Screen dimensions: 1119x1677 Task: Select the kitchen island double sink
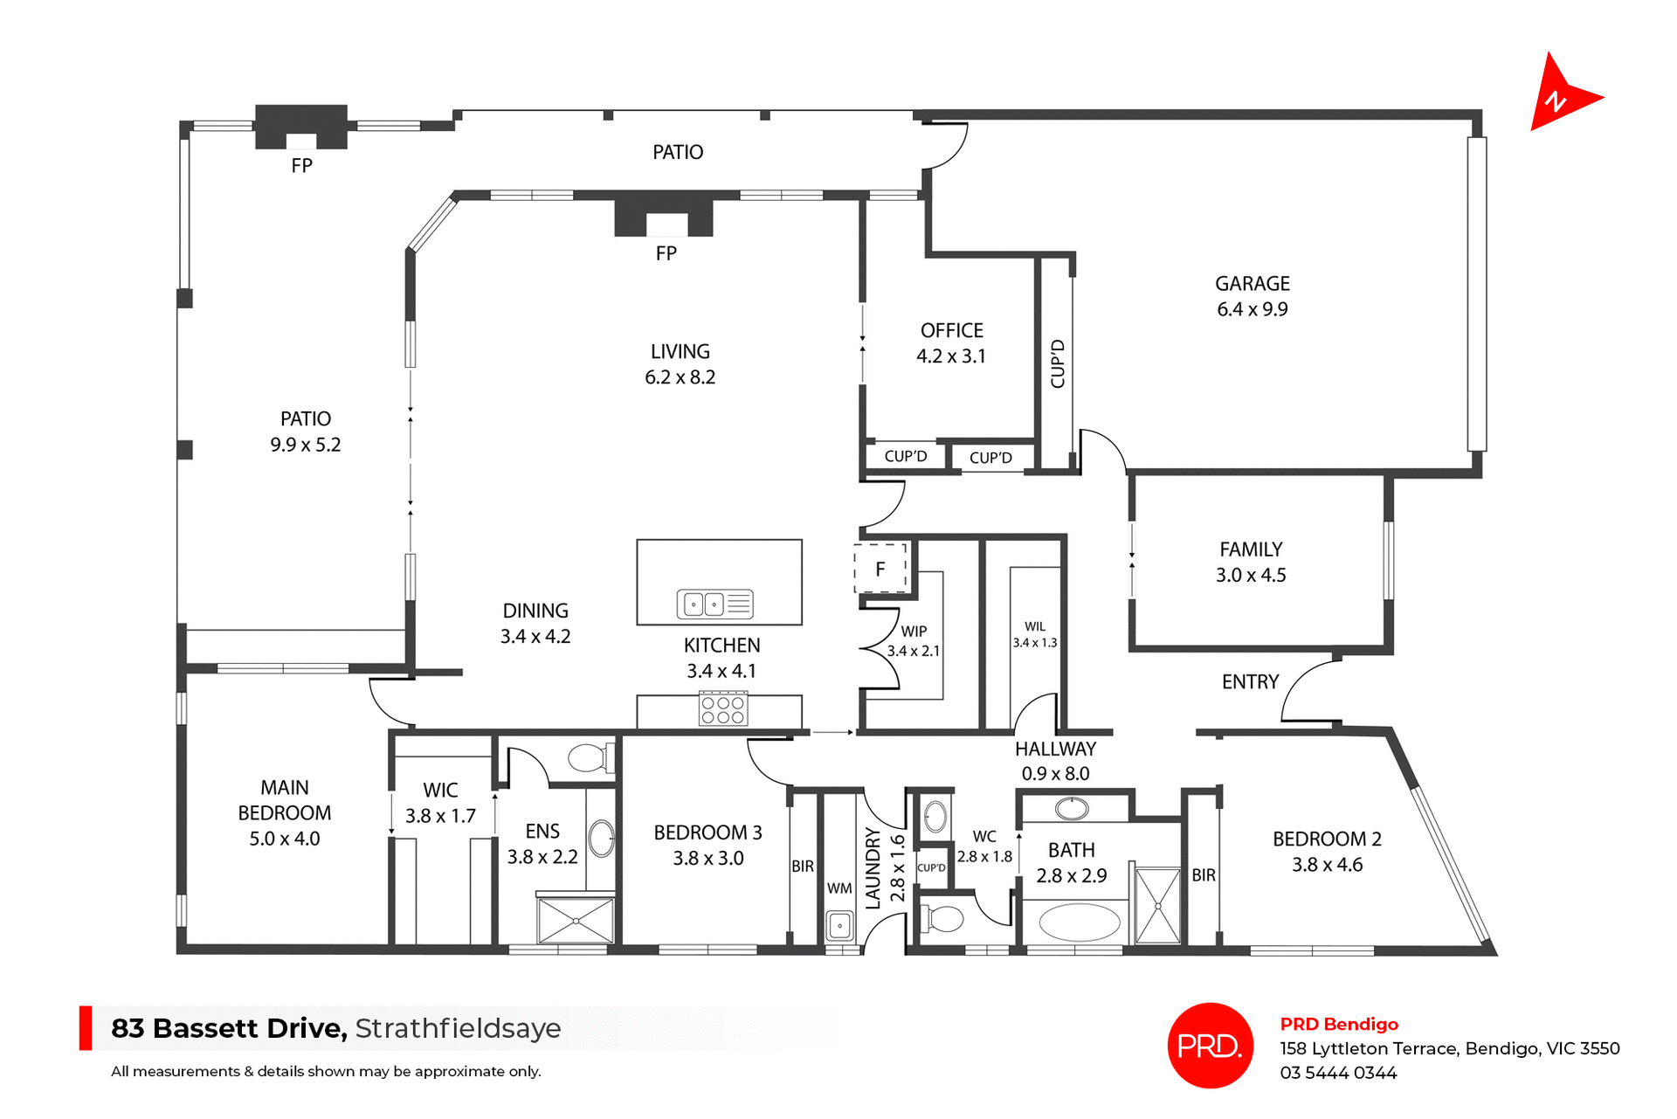coord(714,604)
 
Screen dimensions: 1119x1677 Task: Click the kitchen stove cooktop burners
coord(723,709)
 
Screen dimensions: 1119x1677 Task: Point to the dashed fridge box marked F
coord(880,569)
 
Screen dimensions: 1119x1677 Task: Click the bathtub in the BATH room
coord(1080,922)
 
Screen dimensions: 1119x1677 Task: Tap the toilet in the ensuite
coord(590,757)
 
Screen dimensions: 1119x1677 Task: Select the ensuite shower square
coord(576,920)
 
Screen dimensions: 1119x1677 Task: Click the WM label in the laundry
coord(838,888)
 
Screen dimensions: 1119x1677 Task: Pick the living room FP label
coord(666,253)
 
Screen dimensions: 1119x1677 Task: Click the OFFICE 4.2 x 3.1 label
coord(951,343)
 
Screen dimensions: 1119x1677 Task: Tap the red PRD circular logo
coord(1210,1045)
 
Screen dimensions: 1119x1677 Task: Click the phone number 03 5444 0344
coord(1338,1073)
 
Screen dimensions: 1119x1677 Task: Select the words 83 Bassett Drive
coord(229,1028)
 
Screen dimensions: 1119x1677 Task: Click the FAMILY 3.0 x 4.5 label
coord(1251,562)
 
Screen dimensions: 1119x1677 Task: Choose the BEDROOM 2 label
coord(1327,839)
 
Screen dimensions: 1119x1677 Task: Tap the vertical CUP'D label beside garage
coord(1058,363)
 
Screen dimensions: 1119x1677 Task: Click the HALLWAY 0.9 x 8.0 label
coord(1055,761)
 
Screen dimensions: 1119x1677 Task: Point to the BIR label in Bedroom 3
coord(803,867)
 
